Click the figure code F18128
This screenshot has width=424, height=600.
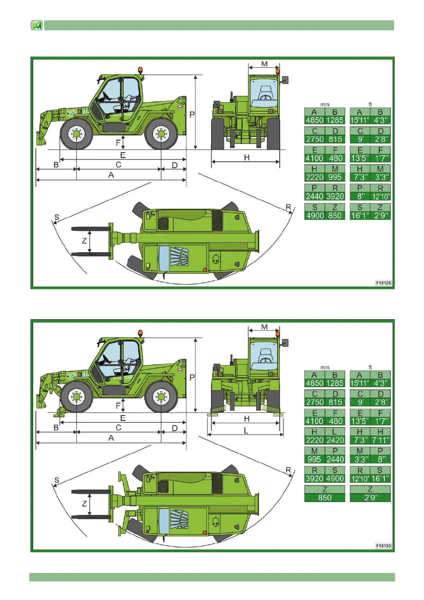[x=383, y=283]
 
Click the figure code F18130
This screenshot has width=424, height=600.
[x=383, y=546]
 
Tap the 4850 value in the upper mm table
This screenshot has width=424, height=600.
[x=315, y=120]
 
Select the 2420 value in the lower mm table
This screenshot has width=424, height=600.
[x=335, y=440]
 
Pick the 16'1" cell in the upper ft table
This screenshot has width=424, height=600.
[x=360, y=216]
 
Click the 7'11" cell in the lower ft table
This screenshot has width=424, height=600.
[x=381, y=440]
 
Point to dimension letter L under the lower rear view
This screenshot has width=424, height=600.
[x=246, y=431]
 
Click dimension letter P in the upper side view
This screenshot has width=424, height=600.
[x=192, y=115]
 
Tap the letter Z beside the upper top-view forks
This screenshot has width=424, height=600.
[x=84, y=241]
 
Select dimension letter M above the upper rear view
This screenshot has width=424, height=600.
[x=264, y=64]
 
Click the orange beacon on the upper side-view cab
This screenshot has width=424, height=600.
[x=141, y=70]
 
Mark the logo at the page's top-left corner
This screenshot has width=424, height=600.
[x=37, y=26]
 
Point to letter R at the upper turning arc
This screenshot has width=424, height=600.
[x=288, y=207]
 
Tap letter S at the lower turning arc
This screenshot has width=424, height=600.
[x=57, y=480]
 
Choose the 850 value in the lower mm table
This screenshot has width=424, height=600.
[x=325, y=498]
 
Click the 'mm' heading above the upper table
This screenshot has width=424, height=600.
[x=325, y=104]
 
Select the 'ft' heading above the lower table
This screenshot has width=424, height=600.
[x=370, y=367]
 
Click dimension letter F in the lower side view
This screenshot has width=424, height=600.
[x=118, y=406]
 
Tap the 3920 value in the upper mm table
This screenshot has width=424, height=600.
[x=335, y=196]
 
